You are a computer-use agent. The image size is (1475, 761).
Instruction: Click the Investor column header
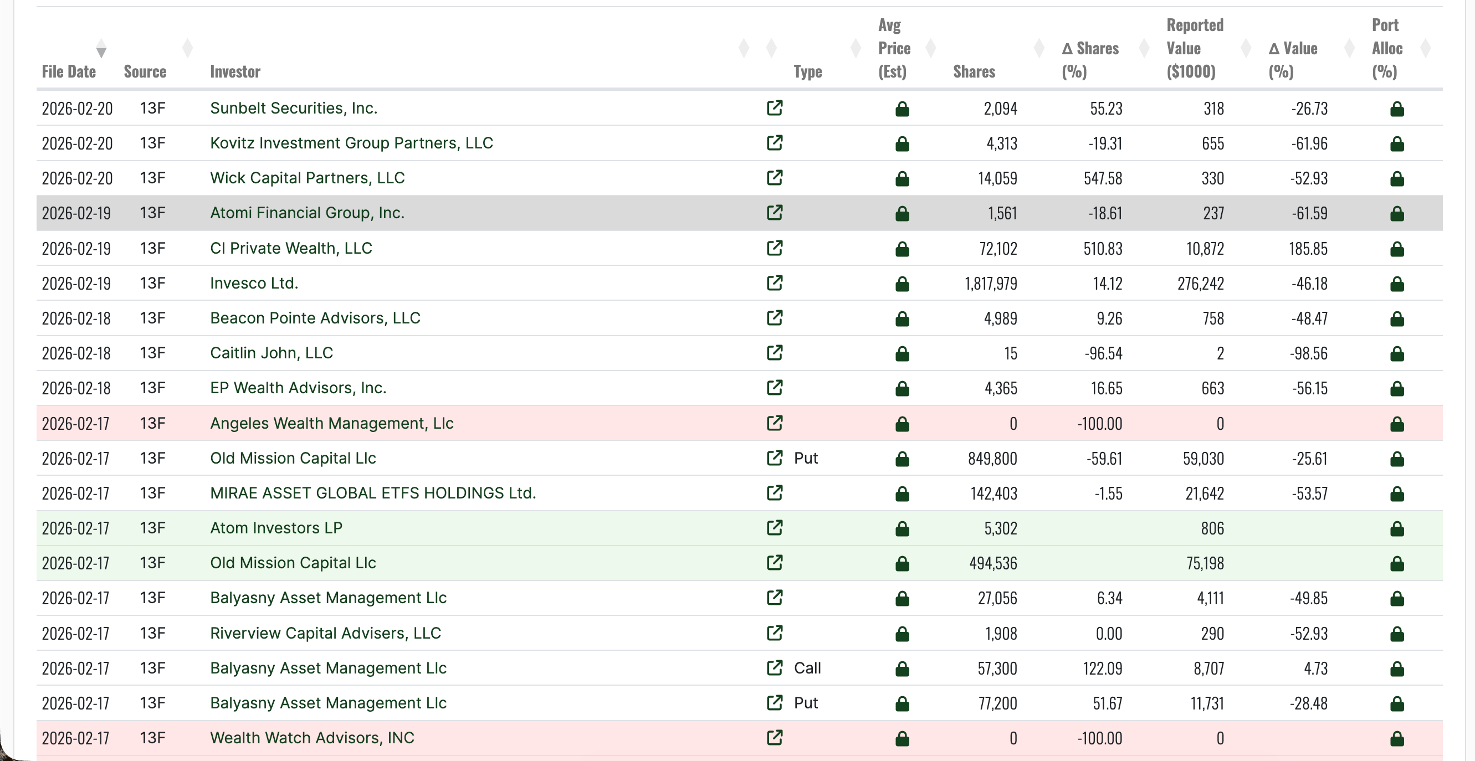click(235, 71)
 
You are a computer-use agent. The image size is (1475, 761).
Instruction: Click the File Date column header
click(68, 71)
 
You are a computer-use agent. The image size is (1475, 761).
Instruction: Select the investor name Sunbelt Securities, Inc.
click(293, 108)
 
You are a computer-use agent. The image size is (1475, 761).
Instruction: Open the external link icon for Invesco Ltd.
click(774, 283)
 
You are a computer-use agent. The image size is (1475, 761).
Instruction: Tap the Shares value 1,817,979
click(991, 284)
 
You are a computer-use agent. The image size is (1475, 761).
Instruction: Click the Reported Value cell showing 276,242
click(1200, 284)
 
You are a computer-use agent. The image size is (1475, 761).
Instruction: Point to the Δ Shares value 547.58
click(1102, 178)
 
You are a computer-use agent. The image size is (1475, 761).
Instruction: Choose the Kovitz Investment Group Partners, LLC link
click(351, 143)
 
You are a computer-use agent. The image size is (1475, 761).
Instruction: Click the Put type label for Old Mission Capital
click(806, 458)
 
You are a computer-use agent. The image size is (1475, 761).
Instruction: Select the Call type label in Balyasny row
click(807, 669)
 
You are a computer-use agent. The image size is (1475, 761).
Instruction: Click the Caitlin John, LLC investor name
click(271, 353)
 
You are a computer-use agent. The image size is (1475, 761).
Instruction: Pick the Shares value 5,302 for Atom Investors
click(1000, 528)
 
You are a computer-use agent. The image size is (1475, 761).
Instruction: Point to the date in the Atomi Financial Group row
click(76, 213)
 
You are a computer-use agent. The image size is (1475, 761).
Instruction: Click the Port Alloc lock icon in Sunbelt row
click(1396, 109)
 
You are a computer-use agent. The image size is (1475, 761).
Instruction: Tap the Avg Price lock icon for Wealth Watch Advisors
click(902, 739)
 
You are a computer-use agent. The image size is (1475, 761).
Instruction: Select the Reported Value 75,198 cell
click(1205, 564)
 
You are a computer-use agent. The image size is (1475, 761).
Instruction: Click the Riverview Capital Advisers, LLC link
click(325, 634)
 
